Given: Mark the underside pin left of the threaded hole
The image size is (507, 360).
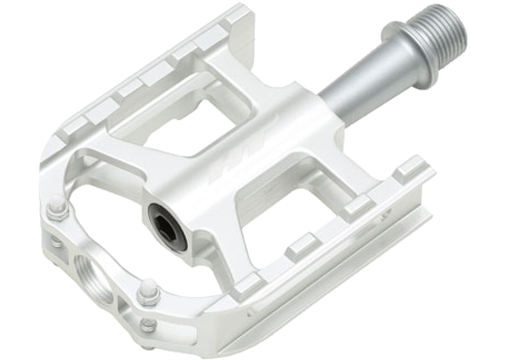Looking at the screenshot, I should (x=56, y=242).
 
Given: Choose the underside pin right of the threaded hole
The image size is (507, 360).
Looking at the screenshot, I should (x=148, y=323).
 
